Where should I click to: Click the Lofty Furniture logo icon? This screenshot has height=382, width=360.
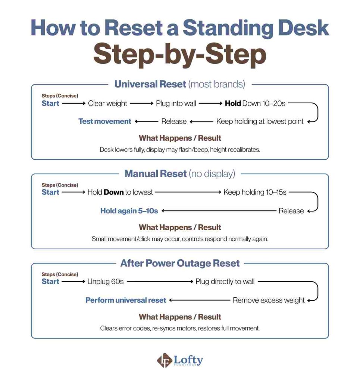164,361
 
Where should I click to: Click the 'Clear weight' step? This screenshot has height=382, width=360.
107,103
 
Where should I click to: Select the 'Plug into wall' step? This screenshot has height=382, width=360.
176,103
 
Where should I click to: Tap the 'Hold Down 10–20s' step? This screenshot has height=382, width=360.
255,103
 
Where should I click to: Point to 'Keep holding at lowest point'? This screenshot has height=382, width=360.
260,121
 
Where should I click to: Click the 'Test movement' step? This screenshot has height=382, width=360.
104,121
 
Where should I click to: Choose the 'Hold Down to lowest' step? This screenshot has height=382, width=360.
120,192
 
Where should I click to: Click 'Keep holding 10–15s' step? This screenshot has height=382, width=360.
255,192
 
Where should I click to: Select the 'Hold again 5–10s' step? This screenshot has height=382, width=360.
129,211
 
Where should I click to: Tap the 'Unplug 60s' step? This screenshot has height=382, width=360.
105,282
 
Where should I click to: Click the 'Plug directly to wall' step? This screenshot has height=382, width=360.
225,282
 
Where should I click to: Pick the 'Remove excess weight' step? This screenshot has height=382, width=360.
269,300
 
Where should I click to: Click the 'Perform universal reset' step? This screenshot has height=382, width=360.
126,300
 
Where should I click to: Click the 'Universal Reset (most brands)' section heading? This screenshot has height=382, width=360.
179,84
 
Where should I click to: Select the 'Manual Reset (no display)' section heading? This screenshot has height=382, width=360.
179,173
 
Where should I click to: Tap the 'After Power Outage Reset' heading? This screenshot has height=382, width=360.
179,263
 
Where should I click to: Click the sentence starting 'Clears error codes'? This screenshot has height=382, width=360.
179,328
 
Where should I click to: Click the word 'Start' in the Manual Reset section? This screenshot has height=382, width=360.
50,192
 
